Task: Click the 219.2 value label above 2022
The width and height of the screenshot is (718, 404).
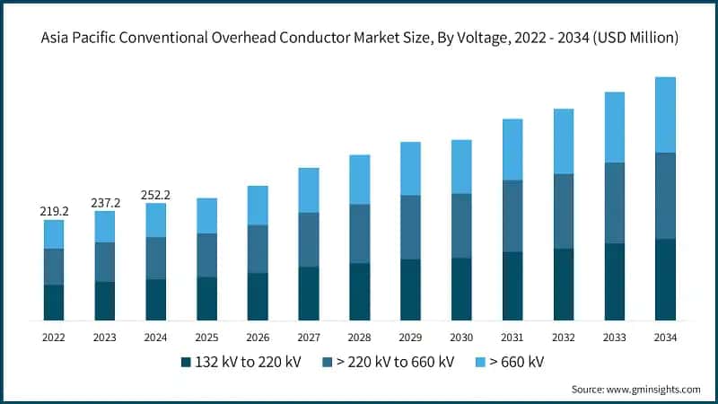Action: click(x=54, y=212)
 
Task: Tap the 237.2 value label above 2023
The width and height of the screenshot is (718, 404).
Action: click(x=105, y=203)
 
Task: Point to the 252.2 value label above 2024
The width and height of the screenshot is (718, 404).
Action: click(x=156, y=195)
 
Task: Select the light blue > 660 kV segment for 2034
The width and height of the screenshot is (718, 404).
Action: click(x=666, y=114)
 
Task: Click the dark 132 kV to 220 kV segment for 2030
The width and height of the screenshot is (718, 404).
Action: click(x=461, y=289)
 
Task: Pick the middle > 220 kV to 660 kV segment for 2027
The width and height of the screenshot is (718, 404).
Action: click(x=309, y=240)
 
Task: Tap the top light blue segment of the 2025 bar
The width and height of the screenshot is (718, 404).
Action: click(x=206, y=215)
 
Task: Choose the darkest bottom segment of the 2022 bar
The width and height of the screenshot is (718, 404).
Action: click(x=54, y=303)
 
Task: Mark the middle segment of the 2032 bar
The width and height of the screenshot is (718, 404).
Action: click(x=564, y=211)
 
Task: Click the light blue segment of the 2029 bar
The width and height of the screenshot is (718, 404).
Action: click(x=410, y=169)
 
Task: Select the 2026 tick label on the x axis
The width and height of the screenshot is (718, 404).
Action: click(x=258, y=337)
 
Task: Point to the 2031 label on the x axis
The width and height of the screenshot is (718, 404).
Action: click(x=512, y=337)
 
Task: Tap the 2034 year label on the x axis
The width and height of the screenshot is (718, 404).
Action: click(x=666, y=337)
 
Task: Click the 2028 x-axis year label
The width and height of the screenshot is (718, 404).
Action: click(x=360, y=337)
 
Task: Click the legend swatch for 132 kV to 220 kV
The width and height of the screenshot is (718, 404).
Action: click(x=187, y=362)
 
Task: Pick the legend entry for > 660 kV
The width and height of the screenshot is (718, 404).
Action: click(x=517, y=362)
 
